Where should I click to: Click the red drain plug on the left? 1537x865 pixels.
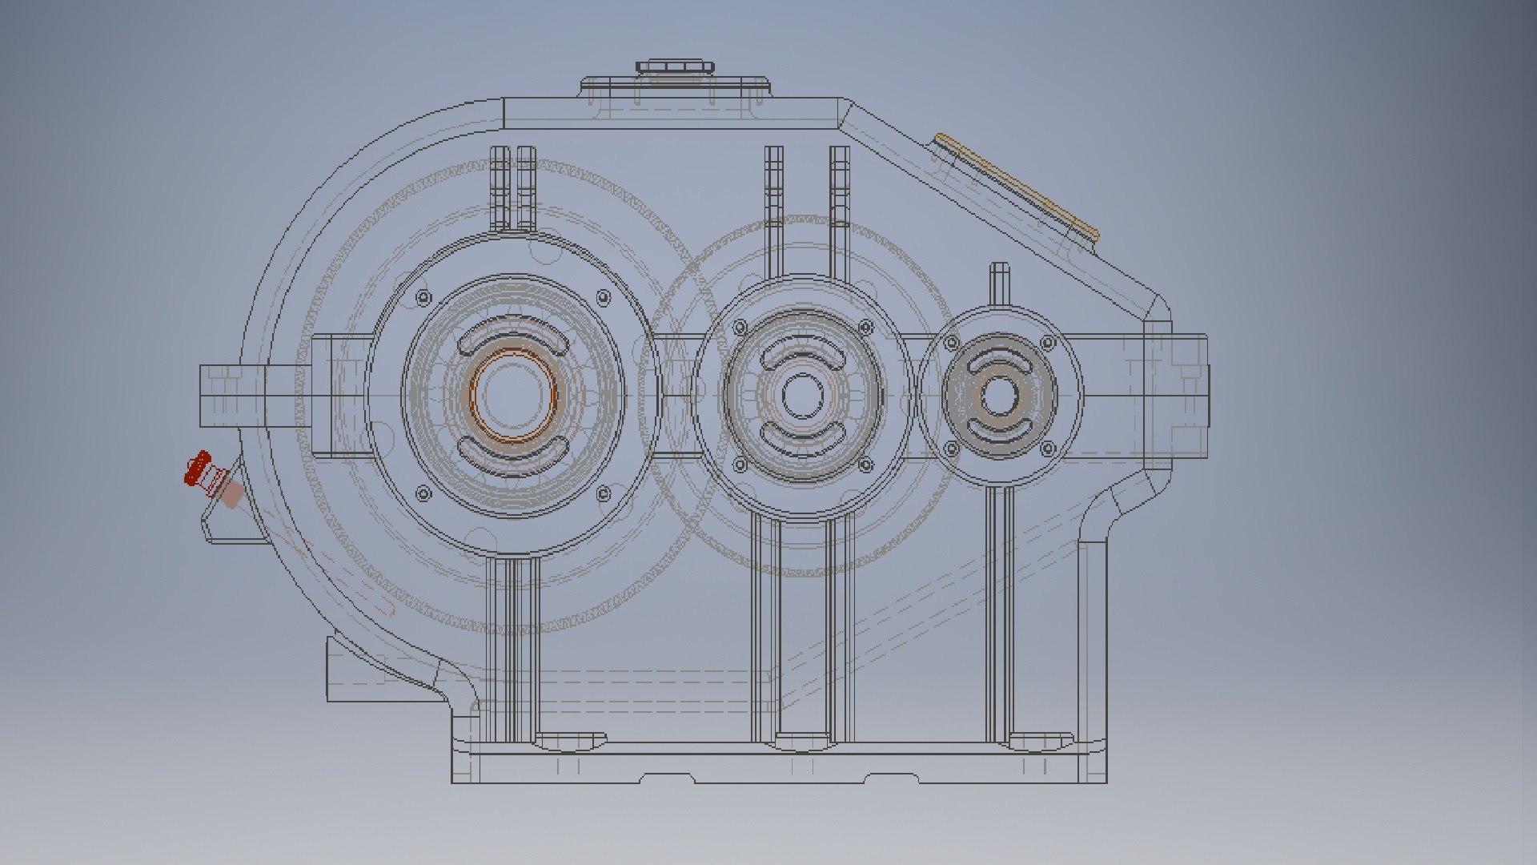pyautogui.click(x=197, y=469)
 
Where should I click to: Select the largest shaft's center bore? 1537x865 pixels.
pyautogui.click(x=512, y=395)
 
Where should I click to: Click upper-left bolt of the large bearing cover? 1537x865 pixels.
pyautogui.click(x=422, y=298)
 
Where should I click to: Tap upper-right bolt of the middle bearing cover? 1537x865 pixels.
pyautogui.click(x=865, y=328)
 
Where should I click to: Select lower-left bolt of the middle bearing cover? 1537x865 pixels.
pyautogui.click(x=739, y=465)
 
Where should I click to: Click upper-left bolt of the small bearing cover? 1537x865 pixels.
pyautogui.click(x=951, y=344)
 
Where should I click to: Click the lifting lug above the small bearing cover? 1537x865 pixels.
pyautogui.click(x=999, y=282)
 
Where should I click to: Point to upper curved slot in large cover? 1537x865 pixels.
pyautogui.click(x=512, y=340)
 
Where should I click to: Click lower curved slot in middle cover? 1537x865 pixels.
pyautogui.click(x=801, y=437)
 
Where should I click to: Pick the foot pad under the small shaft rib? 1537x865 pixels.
pyautogui.click(x=1039, y=742)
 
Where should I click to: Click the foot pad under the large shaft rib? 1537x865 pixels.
pyautogui.click(x=570, y=742)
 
